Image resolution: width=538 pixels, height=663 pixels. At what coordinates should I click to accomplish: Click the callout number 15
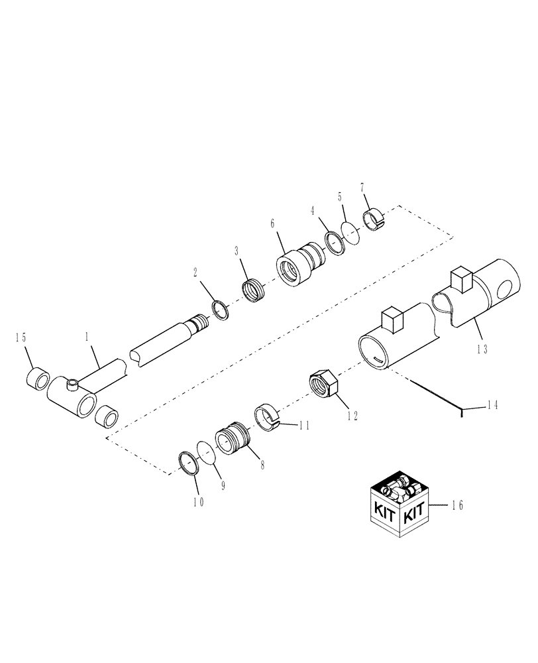tap(22, 337)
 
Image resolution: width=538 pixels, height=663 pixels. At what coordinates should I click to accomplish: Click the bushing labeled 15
tap(37, 381)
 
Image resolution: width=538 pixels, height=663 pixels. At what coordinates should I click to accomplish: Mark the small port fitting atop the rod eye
tap(72, 383)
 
